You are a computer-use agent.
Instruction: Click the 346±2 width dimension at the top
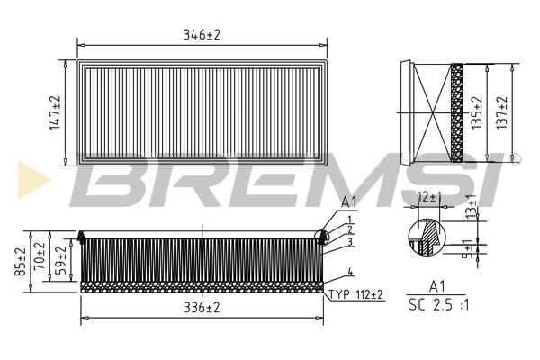(x=201, y=34)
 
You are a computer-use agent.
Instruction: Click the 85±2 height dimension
(x=19, y=260)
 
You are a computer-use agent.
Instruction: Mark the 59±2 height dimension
(x=60, y=260)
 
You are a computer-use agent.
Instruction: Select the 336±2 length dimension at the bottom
(x=201, y=308)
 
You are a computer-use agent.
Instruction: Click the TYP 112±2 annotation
(x=355, y=294)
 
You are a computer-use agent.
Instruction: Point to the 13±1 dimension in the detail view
(x=472, y=208)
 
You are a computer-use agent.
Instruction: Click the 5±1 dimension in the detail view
(x=465, y=249)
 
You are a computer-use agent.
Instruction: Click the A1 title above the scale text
(x=436, y=285)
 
